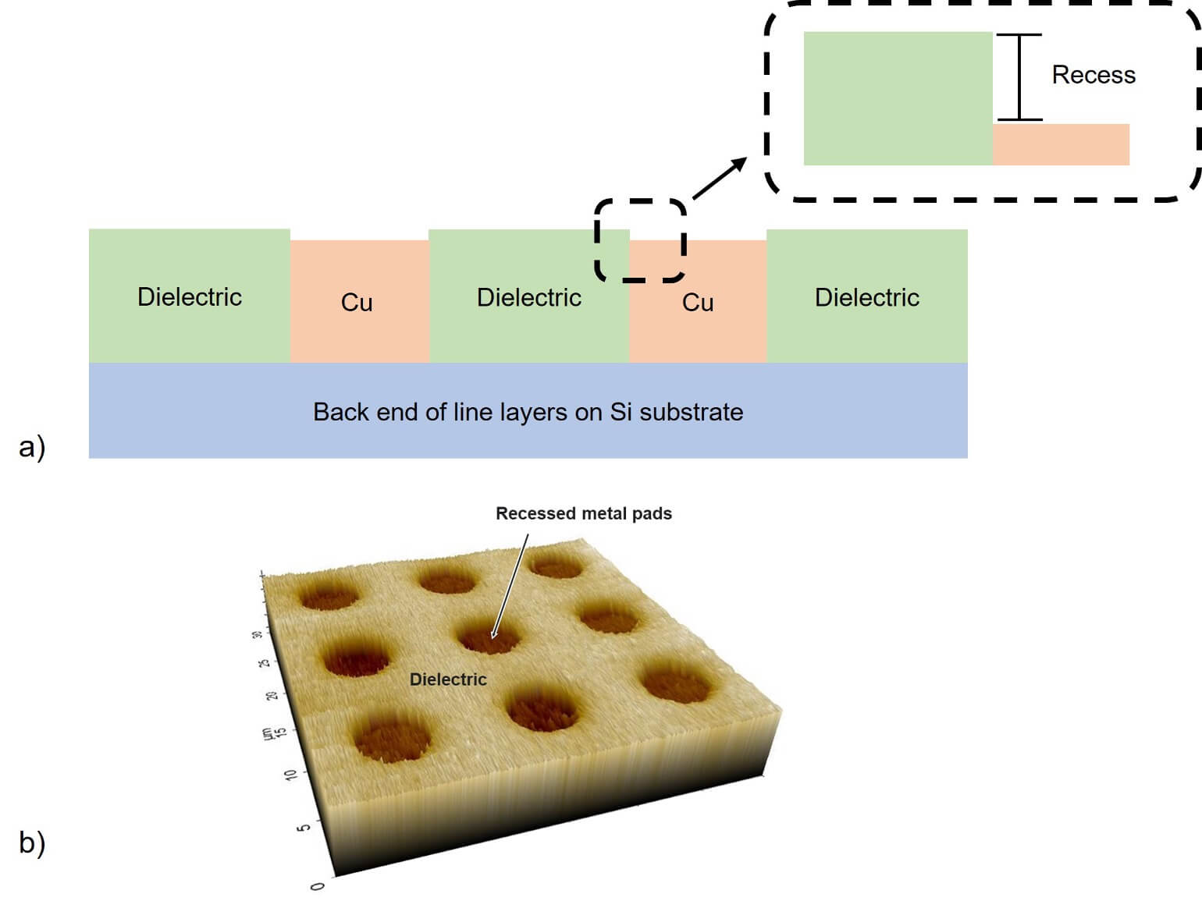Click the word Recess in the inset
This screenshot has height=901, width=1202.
click(x=1093, y=75)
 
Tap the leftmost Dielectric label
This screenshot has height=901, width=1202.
click(x=190, y=296)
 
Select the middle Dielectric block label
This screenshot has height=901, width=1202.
click(x=528, y=297)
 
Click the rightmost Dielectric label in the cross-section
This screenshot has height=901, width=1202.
click(x=866, y=297)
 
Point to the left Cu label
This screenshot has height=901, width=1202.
click(x=357, y=303)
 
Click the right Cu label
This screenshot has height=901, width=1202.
click(x=697, y=303)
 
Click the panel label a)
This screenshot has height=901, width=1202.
click(x=32, y=447)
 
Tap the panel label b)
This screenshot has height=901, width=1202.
click(x=32, y=842)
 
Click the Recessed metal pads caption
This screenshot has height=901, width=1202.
click(x=583, y=513)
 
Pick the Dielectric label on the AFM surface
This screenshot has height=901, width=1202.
click(x=448, y=679)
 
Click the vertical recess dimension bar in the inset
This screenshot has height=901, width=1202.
click(x=1019, y=77)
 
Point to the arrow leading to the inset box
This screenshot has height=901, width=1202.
click(x=719, y=178)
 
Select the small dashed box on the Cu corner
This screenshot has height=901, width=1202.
click(x=640, y=239)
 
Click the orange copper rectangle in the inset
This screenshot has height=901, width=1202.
click(x=1060, y=144)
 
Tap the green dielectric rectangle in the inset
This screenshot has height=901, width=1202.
click(x=898, y=98)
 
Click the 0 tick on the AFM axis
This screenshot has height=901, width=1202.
click(x=317, y=886)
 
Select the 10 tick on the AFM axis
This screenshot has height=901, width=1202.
click(x=291, y=775)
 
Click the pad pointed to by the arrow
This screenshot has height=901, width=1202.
click(x=488, y=638)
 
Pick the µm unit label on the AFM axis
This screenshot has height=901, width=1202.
click(x=267, y=734)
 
